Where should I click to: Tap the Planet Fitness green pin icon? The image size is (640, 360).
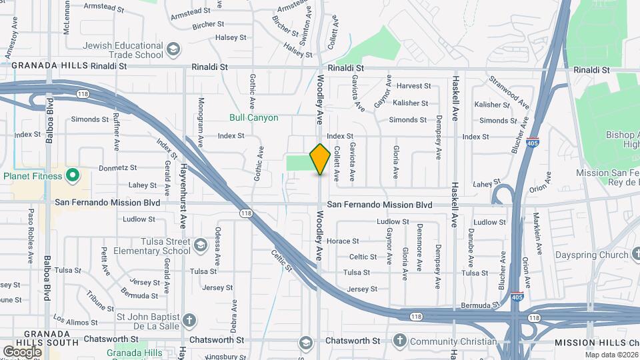(73, 177)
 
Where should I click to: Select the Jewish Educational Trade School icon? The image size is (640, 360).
(173, 50)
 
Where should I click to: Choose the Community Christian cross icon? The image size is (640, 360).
(399, 341)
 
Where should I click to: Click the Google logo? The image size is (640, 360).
(22, 351)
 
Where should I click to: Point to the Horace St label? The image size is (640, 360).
(346, 241)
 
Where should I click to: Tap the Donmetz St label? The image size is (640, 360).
(117, 168)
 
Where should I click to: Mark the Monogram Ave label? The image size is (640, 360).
(201, 119)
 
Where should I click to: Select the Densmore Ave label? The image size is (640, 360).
(419, 255)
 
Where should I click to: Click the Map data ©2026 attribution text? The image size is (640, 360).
(611, 355)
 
